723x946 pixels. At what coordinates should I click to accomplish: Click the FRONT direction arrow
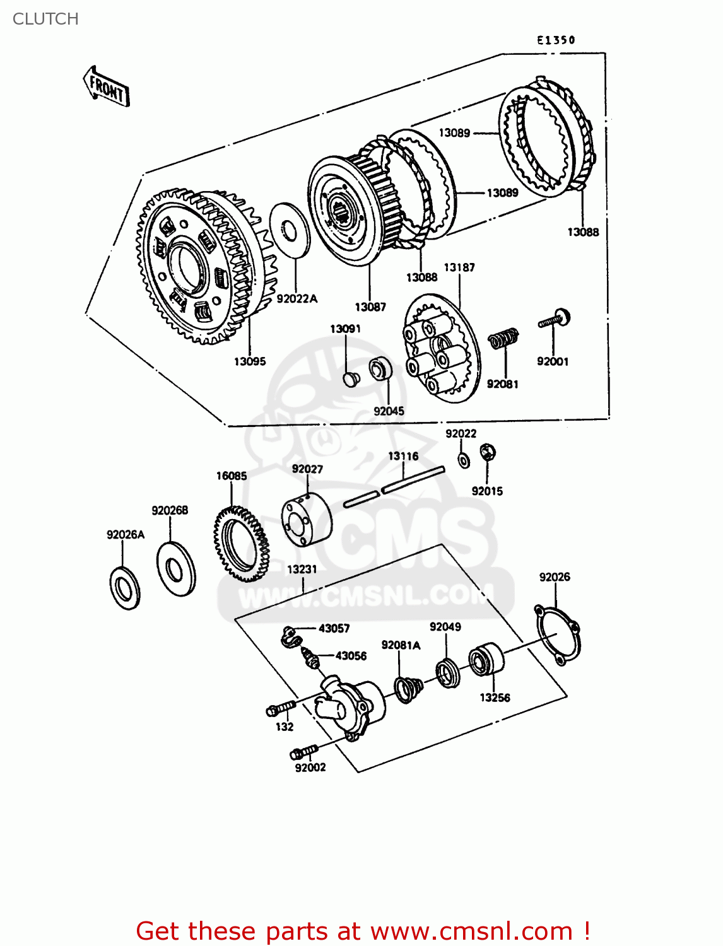click(x=106, y=88)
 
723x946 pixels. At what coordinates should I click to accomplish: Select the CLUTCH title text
click(x=45, y=19)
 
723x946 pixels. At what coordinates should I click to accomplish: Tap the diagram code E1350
click(x=556, y=40)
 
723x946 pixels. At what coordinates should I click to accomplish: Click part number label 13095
click(x=250, y=361)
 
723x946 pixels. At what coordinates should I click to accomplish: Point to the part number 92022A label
click(x=297, y=298)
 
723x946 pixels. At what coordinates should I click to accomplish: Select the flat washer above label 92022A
click(x=290, y=230)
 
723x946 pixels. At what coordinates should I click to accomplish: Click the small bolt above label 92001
click(x=555, y=319)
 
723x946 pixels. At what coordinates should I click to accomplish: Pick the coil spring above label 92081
click(x=504, y=339)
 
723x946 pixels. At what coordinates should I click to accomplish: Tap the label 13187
click(x=459, y=267)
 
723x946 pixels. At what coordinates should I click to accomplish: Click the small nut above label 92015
click(x=487, y=452)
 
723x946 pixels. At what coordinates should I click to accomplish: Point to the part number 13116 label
click(x=403, y=456)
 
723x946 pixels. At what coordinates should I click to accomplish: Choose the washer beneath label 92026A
click(x=125, y=588)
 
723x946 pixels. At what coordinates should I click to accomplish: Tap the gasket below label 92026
click(x=557, y=633)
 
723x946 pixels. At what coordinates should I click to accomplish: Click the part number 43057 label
click(x=334, y=628)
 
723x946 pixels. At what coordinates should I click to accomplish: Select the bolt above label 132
click(x=281, y=708)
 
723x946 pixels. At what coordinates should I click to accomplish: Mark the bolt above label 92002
click(x=303, y=752)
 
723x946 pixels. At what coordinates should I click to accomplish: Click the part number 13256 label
click(x=495, y=698)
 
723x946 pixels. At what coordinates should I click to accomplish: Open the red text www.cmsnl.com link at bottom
click(x=471, y=931)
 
